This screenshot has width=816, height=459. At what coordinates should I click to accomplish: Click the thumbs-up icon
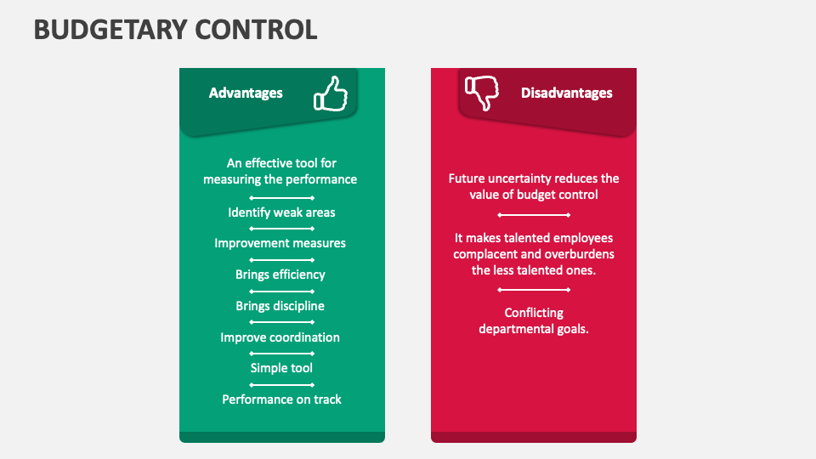pos(331,93)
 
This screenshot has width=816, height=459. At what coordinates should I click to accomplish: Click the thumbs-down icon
pos(481,93)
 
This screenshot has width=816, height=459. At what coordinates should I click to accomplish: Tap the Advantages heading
pos(246,93)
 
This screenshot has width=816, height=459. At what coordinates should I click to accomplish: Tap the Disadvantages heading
pos(566,93)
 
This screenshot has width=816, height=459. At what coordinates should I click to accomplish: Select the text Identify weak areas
pos(281,212)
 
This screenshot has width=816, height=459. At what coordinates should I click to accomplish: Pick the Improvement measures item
pos(280,243)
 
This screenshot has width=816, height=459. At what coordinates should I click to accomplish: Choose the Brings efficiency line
pos(280,275)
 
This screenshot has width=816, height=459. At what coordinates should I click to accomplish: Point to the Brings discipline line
pos(280,306)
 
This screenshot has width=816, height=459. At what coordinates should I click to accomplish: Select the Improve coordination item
pos(280,337)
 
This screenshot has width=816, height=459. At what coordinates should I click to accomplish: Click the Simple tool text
pos(281,368)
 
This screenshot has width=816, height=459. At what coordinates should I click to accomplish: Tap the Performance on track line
pos(281,399)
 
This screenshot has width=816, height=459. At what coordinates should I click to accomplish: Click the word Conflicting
pos(534,313)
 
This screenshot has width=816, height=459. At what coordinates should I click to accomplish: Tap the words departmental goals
pos(534,329)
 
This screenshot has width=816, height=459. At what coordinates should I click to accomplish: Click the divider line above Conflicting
pos(534,291)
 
